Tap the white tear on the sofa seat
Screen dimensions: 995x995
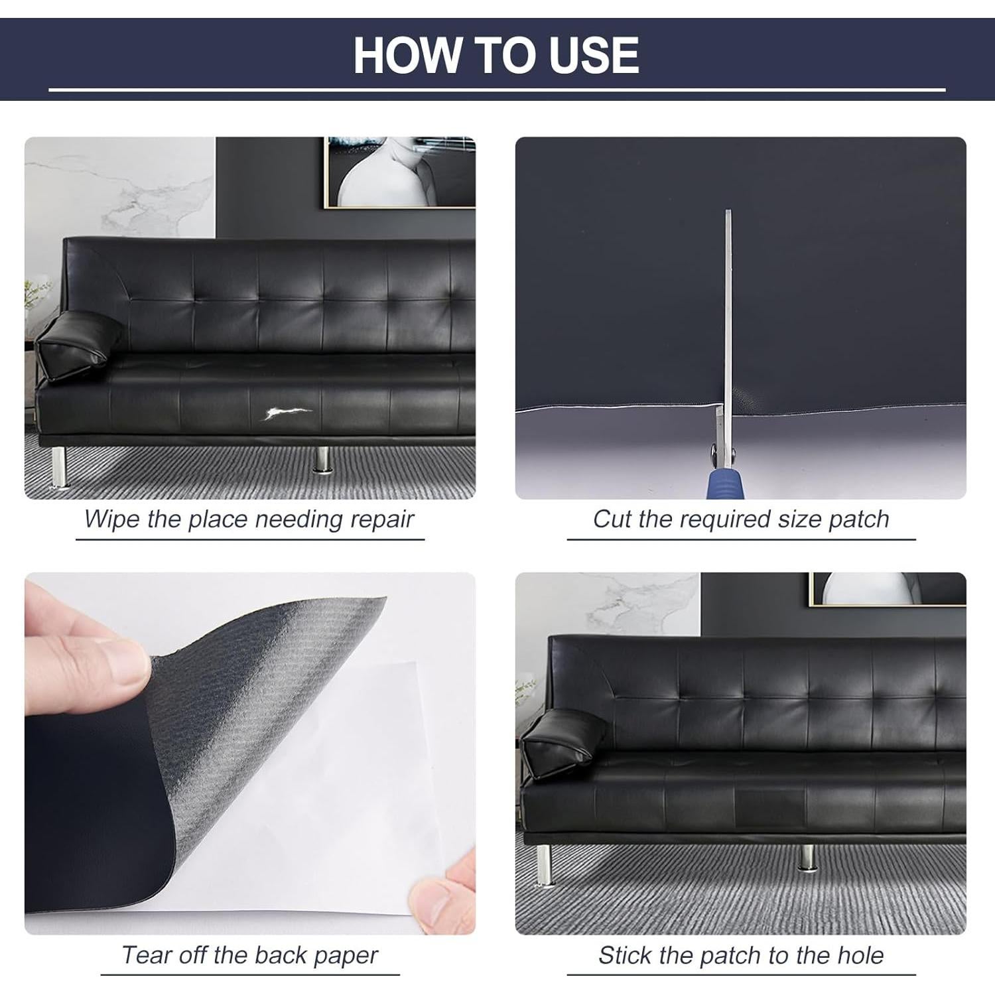[x=285, y=414]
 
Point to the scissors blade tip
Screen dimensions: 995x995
[x=728, y=212]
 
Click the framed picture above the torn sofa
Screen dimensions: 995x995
[x=399, y=172]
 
